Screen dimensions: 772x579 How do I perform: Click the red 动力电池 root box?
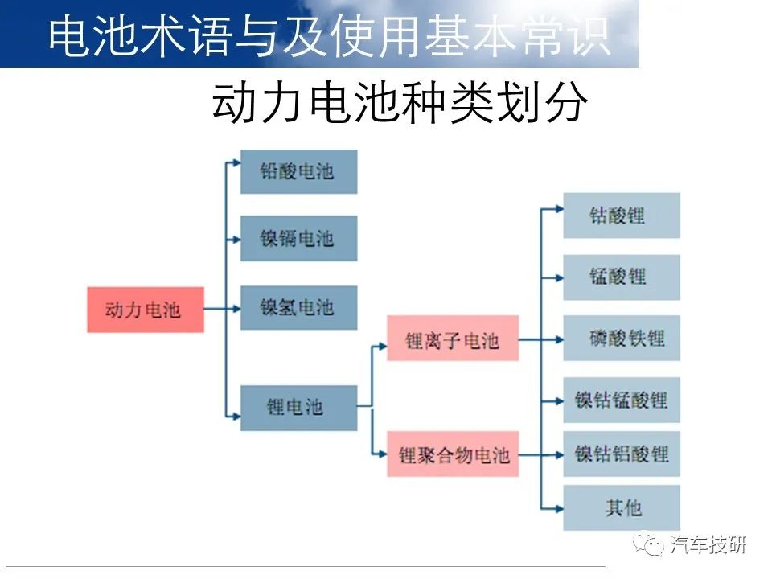tap(146, 310)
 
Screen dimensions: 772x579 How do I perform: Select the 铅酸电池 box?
tap(299, 172)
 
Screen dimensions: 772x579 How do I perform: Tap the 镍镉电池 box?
tap(299, 238)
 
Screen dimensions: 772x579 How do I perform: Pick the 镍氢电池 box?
tap(299, 308)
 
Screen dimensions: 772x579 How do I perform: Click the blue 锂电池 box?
tap(299, 409)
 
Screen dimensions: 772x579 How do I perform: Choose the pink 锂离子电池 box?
tap(453, 339)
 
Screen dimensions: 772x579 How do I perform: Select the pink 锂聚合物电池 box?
tap(453, 454)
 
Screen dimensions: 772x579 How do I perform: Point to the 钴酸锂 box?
tap(622, 216)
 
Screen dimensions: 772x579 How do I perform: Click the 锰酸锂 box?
tap(622, 277)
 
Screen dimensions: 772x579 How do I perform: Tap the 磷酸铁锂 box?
tap(622, 339)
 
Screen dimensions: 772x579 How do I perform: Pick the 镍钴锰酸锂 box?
tap(622, 400)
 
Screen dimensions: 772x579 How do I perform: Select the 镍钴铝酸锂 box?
tap(622, 454)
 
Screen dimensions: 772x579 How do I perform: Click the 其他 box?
tap(622, 507)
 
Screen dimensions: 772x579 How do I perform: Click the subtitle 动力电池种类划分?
tap(400, 103)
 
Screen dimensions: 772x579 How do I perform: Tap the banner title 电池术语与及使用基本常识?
tap(330, 35)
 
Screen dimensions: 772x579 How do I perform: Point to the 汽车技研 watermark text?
tap(708, 544)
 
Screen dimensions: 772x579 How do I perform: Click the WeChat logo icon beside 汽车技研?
tap(648, 544)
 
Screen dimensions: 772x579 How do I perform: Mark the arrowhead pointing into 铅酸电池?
tap(236, 163)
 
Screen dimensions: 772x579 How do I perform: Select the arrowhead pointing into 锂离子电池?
tap(383, 347)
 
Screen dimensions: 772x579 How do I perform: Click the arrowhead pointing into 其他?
tap(560, 508)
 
